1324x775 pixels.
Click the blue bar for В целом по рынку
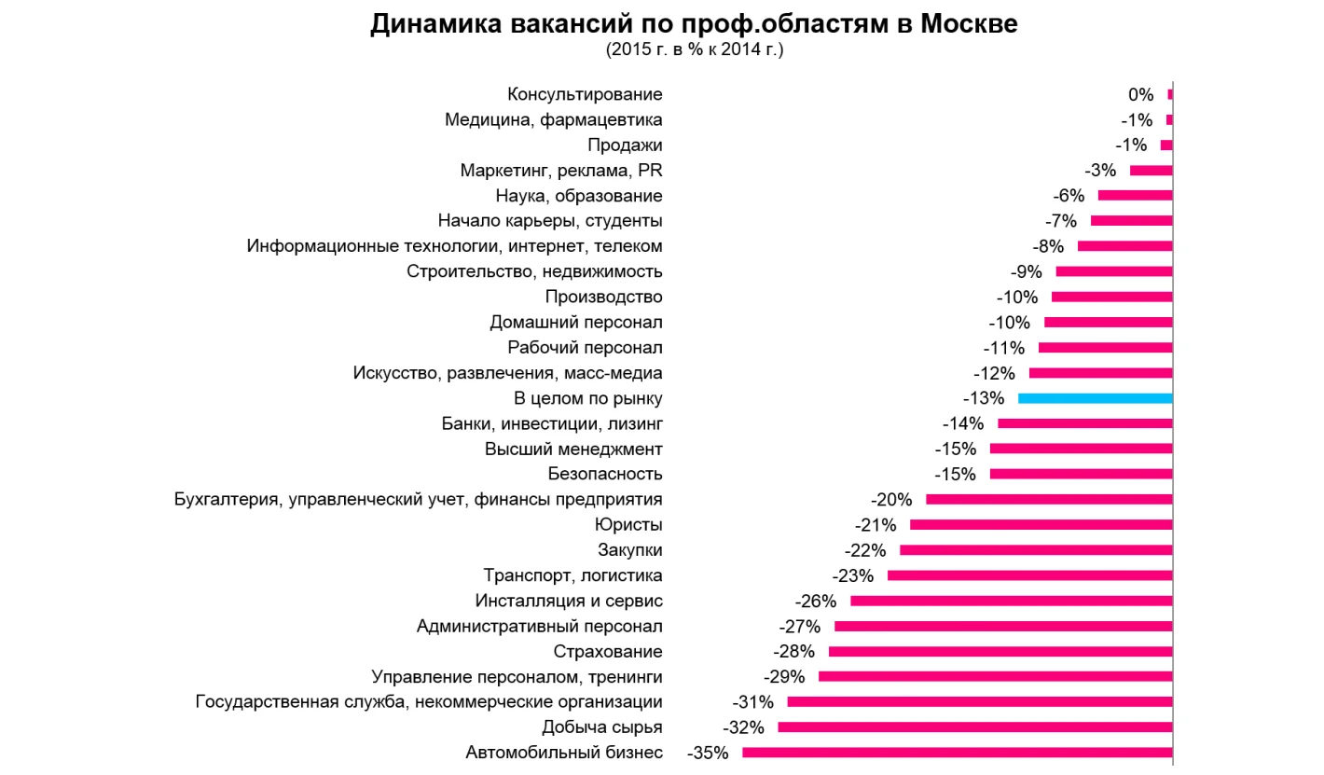coord(1095,398)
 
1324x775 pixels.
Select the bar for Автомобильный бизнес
coord(957,753)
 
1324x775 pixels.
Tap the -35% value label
coord(707,753)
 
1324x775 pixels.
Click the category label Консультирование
coord(585,94)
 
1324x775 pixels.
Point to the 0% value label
coord(1140,94)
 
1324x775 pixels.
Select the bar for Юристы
coord(1041,524)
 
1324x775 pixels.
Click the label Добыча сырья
coord(602,727)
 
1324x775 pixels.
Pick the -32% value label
coord(743,727)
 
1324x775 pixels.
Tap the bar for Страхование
coord(1000,651)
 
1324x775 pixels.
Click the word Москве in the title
coord(969,25)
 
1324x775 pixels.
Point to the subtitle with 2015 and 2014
coord(695,49)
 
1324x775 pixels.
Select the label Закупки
coord(629,550)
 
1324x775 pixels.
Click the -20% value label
coord(890,500)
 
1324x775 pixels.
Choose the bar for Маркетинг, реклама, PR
coord(1151,171)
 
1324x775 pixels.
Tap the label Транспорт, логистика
coord(572,575)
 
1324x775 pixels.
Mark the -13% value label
coord(984,398)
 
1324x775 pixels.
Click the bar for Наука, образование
coord(1135,196)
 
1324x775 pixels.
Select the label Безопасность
coord(605,474)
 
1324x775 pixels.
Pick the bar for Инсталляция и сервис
coord(1011,601)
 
